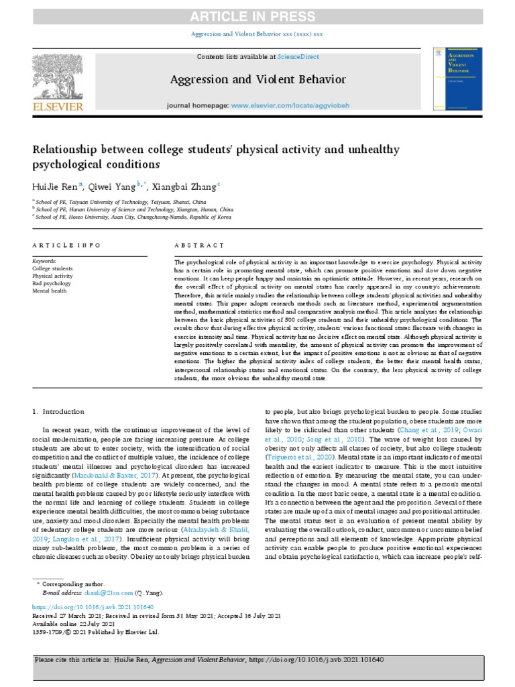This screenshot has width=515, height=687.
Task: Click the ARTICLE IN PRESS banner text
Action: click(x=257, y=16)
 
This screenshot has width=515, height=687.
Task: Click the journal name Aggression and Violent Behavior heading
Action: click(x=257, y=80)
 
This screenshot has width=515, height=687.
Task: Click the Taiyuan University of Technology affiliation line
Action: click(x=121, y=201)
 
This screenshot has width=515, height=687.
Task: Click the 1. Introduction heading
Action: click(x=58, y=411)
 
